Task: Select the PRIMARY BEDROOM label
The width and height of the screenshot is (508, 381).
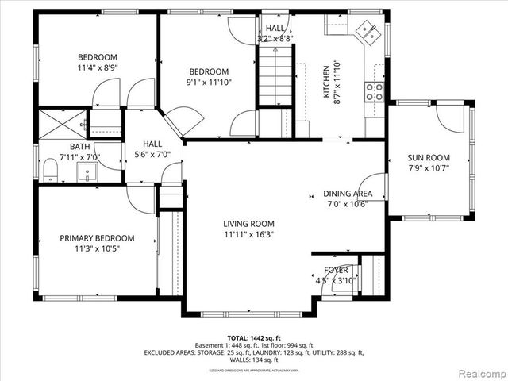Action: tap(98, 238)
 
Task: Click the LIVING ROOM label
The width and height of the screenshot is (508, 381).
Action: tap(248, 224)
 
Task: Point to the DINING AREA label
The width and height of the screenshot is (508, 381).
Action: tap(348, 194)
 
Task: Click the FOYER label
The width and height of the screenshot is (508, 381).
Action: tap(331, 270)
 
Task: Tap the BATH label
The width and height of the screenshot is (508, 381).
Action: tap(79, 147)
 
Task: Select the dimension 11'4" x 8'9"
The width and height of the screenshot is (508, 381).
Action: tap(97, 68)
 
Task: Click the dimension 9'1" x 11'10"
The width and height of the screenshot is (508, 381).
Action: tap(207, 83)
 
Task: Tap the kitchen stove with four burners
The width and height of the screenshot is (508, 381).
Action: tap(374, 91)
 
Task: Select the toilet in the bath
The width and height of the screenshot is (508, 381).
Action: tap(51, 169)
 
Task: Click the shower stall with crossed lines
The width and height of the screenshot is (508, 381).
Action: tap(62, 123)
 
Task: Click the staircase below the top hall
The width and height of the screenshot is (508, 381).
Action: tap(276, 77)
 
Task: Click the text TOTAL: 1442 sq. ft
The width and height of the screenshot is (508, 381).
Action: tap(253, 338)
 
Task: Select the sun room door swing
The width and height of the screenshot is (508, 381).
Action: tap(451, 118)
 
